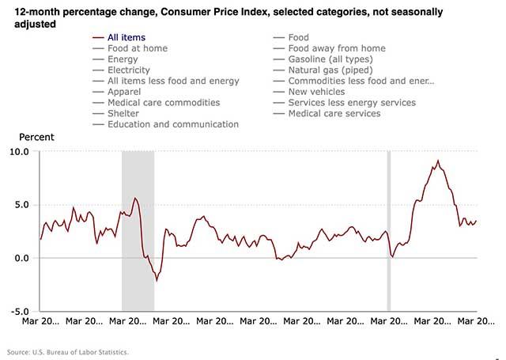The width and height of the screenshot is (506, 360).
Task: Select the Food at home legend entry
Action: pos(137,48)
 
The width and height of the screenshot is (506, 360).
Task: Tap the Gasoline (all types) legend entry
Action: pos(330,59)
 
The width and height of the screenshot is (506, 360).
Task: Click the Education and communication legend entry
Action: pos(172,124)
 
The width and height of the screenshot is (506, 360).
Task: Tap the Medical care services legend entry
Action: pos(334,114)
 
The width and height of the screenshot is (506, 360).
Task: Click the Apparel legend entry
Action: pos(126,92)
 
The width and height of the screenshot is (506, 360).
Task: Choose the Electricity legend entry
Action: pos(129,70)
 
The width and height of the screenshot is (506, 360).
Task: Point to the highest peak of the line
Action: pos(438,161)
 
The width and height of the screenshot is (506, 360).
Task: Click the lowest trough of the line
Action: pos(157,280)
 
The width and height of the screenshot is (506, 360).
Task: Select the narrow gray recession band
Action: pos(388,230)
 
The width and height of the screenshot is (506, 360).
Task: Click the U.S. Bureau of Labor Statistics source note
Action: pos(67,352)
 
